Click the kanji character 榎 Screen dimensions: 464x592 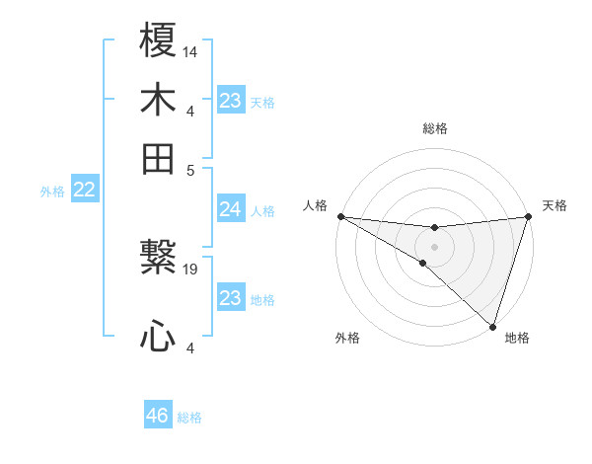[158, 41]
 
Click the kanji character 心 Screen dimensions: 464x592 [158, 338]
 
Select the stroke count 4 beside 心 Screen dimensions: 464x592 [190, 348]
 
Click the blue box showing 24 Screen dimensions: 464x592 [230, 209]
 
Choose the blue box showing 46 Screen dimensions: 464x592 [158, 416]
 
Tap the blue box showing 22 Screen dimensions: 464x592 [84, 191]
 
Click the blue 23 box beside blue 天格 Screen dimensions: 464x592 [230, 101]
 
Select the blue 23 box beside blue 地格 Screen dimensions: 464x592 [230, 298]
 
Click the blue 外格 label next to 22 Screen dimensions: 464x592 [52, 192]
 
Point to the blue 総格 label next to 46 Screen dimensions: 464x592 [189, 417]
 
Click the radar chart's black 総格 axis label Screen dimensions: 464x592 [434, 128]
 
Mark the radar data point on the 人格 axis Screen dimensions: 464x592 [340, 216]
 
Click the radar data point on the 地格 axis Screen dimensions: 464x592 [492, 325]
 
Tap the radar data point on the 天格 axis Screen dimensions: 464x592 [528, 217]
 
